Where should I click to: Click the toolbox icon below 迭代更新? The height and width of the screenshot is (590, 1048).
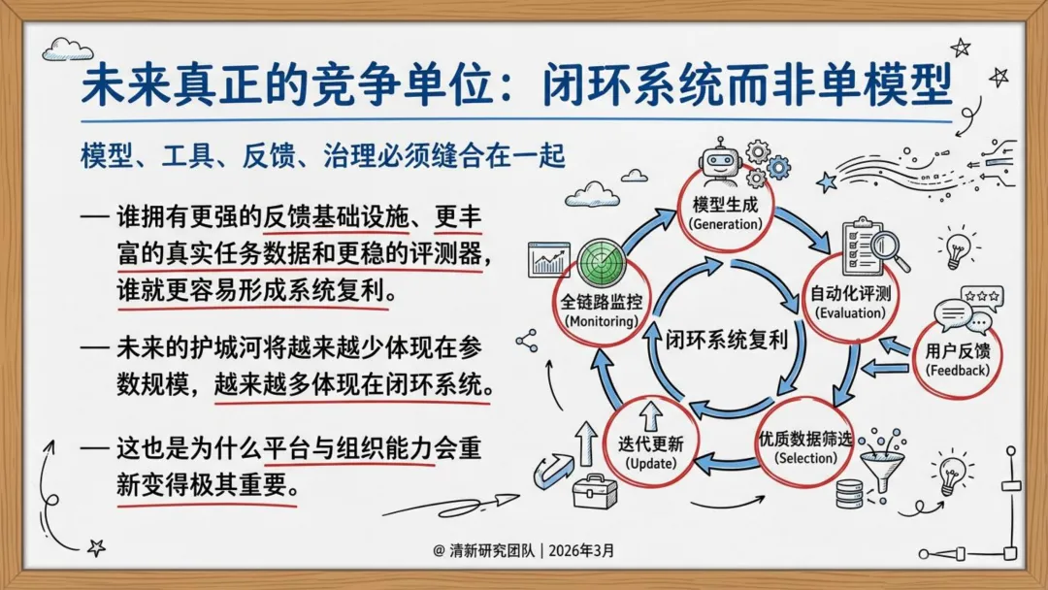click(594, 492)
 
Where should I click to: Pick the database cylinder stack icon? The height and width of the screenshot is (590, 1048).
click(850, 494)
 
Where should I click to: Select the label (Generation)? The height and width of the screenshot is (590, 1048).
click(727, 223)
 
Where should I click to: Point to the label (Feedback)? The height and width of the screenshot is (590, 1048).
click(958, 370)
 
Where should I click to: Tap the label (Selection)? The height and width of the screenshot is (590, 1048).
click(805, 458)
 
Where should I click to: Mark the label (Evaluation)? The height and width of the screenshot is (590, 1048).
click(850, 312)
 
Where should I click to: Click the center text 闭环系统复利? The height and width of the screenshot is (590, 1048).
click(725, 339)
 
